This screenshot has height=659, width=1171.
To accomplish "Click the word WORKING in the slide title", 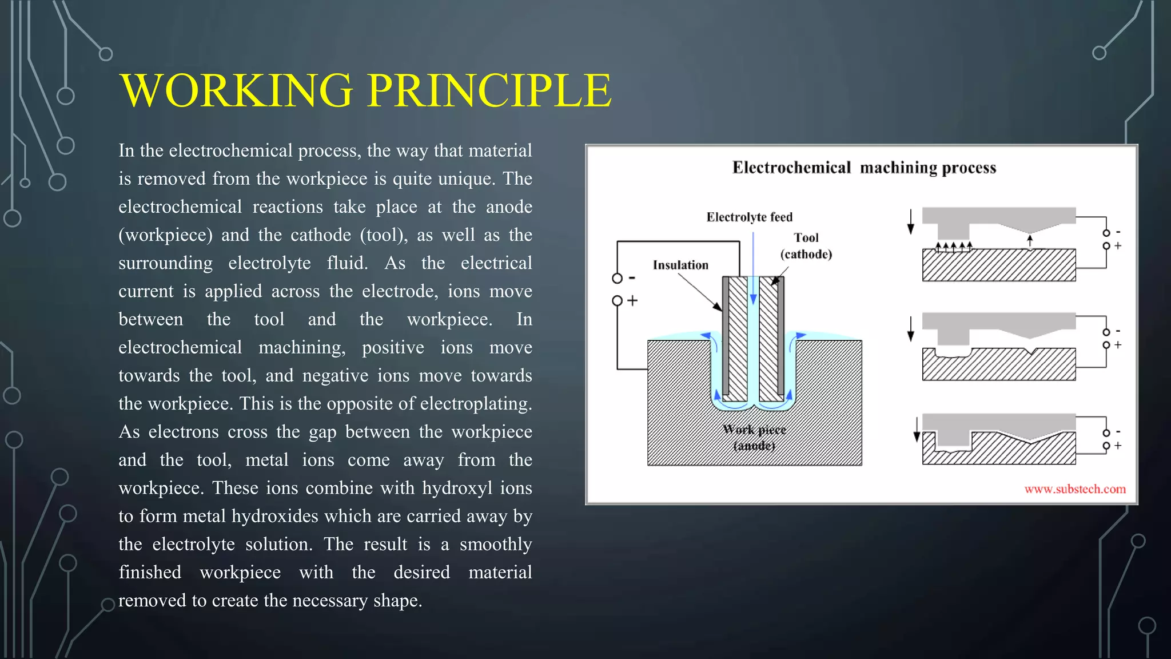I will (237, 90).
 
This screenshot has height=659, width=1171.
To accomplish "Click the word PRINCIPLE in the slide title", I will (489, 90).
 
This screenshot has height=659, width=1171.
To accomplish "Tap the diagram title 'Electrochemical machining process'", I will (864, 168).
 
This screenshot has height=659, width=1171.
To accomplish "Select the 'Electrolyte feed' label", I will (749, 217).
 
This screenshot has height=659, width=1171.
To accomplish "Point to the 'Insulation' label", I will (680, 265).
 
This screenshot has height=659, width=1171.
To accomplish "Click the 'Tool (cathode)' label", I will (806, 246).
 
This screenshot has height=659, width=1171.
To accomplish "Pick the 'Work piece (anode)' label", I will (754, 438).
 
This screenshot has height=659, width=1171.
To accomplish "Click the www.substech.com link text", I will (1075, 489).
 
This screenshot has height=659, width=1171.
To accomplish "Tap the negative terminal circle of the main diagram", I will (617, 279).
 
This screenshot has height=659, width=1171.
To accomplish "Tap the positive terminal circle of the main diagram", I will (617, 301).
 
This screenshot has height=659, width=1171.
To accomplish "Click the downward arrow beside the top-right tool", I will (911, 222).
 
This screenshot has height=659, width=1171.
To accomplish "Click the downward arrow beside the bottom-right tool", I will (917, 430).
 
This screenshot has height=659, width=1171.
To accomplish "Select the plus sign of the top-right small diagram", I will (1118, 245).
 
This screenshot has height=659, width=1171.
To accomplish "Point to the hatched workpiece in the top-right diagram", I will (998, 265).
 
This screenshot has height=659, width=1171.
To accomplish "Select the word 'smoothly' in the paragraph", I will (495, 544).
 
